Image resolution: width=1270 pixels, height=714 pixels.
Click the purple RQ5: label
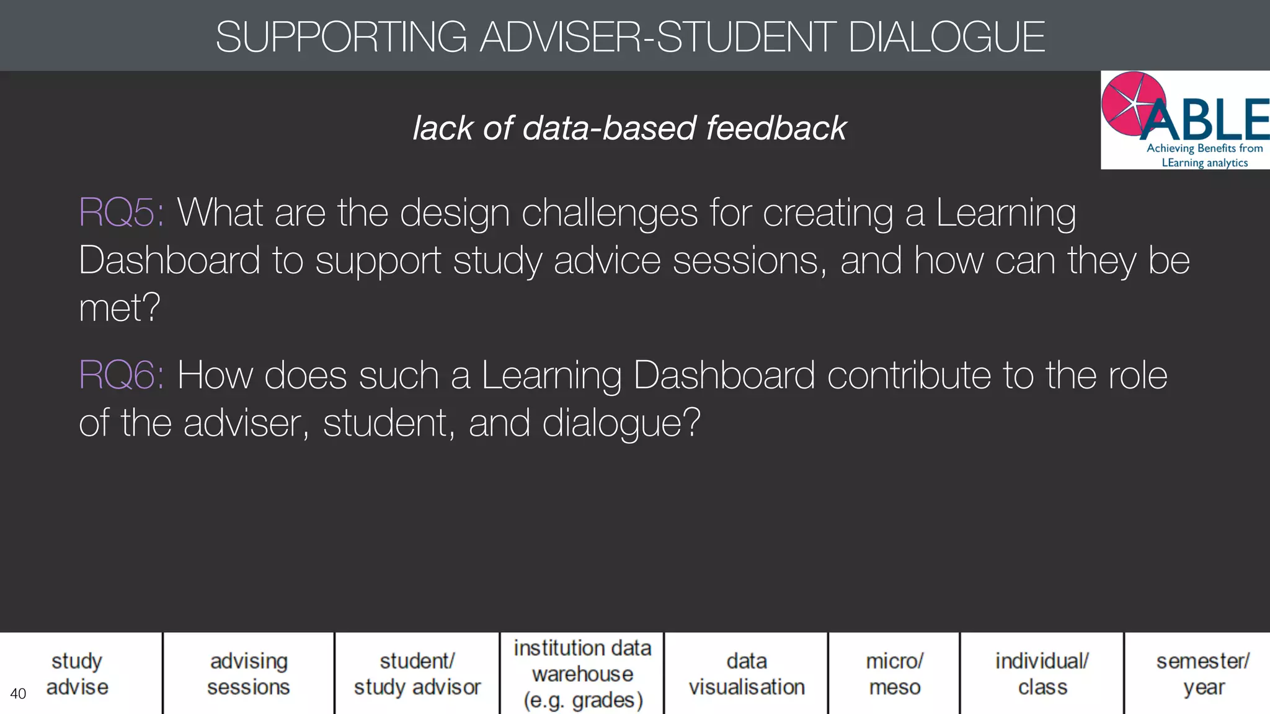122,213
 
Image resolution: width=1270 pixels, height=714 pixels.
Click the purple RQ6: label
122,376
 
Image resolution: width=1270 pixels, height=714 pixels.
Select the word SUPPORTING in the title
341,37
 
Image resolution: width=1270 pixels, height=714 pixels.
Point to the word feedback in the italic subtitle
776,128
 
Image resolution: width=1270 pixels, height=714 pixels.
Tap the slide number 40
18,694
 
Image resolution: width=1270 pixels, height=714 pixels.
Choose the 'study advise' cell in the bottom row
78,674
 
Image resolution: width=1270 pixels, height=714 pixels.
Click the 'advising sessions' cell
249,674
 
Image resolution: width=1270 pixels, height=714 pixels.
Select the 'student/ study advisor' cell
417,674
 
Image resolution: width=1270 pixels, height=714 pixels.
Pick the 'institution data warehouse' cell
582,674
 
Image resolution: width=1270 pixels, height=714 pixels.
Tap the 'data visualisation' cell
747,674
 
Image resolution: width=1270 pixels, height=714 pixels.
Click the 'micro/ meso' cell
894,674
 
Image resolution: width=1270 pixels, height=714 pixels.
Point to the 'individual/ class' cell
1042,674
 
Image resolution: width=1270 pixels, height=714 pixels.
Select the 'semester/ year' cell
1203,674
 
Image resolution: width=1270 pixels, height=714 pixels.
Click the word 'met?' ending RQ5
120,307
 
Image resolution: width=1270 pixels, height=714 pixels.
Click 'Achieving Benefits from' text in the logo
1204,148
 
